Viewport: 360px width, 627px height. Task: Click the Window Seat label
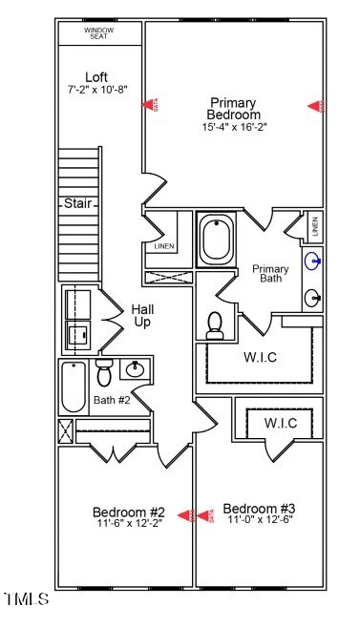99,32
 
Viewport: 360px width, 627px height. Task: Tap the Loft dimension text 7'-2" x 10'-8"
97,89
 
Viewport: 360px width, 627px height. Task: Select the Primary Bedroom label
233,109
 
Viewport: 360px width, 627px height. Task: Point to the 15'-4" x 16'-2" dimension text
233,127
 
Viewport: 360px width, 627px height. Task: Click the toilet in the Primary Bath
215,324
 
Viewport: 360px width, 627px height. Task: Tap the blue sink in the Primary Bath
312,261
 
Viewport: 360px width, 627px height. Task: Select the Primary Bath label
270,274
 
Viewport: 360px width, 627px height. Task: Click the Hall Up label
142,316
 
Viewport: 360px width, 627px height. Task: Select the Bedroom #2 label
130,512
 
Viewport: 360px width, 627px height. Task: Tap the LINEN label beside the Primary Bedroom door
163,246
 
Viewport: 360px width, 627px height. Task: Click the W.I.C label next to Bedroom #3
281,422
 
